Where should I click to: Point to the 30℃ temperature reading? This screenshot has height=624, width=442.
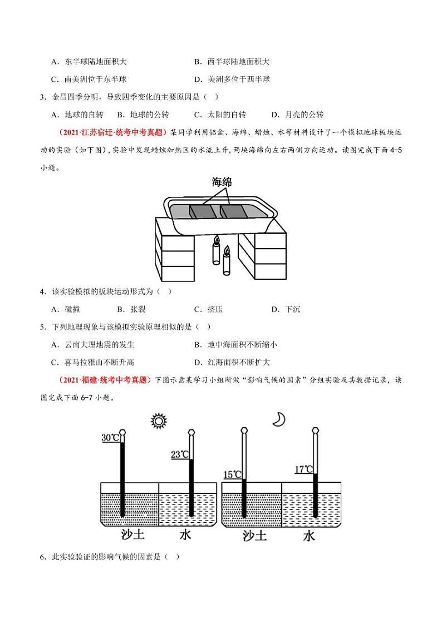pos(110,438)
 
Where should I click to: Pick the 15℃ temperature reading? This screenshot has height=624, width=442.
pos(232,474)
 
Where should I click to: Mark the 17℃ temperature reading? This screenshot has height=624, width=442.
pos(303,469)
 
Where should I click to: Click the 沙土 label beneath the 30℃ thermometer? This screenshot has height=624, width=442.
pos(133,535)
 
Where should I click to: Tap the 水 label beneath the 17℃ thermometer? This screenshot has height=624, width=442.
pos(309,536)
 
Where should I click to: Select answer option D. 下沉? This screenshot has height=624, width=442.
pos(286,310)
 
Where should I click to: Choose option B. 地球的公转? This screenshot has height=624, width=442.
pos(143,115)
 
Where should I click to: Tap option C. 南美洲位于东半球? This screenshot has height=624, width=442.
pos(92,80)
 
